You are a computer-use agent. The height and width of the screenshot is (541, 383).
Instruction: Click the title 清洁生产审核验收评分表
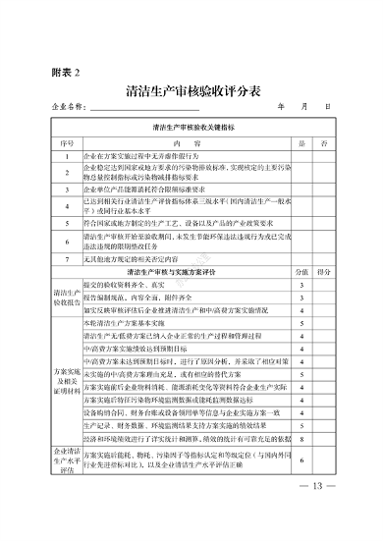193,91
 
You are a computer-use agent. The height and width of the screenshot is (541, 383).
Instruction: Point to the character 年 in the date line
282,106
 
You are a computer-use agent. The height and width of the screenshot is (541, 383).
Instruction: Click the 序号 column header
67,143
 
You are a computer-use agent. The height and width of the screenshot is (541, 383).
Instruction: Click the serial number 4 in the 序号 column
67,201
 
